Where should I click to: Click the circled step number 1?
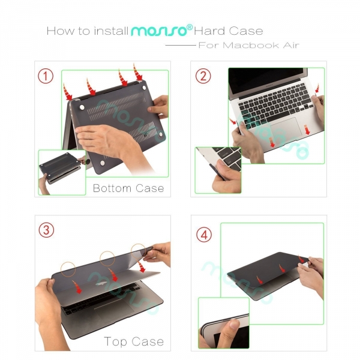tap(46, 76)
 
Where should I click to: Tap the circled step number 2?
tap(203, 76)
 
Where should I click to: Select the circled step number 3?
tap(46, 230)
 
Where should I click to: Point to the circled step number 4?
tap(204, 235)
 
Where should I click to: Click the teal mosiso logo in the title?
tap(159, 31)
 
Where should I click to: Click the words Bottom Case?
tap(128, 188)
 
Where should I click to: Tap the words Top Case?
tap(134, 341)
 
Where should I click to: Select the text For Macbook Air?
tap(249, 45)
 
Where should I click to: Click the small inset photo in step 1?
tap(62, 172)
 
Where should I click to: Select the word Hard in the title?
tap(209, 31)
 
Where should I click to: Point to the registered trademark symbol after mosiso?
tap(190, 28)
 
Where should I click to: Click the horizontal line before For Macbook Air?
tap(181, 45)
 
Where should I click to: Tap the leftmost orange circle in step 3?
tap(68, 269)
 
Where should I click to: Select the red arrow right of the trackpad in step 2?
tap(307, 130)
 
